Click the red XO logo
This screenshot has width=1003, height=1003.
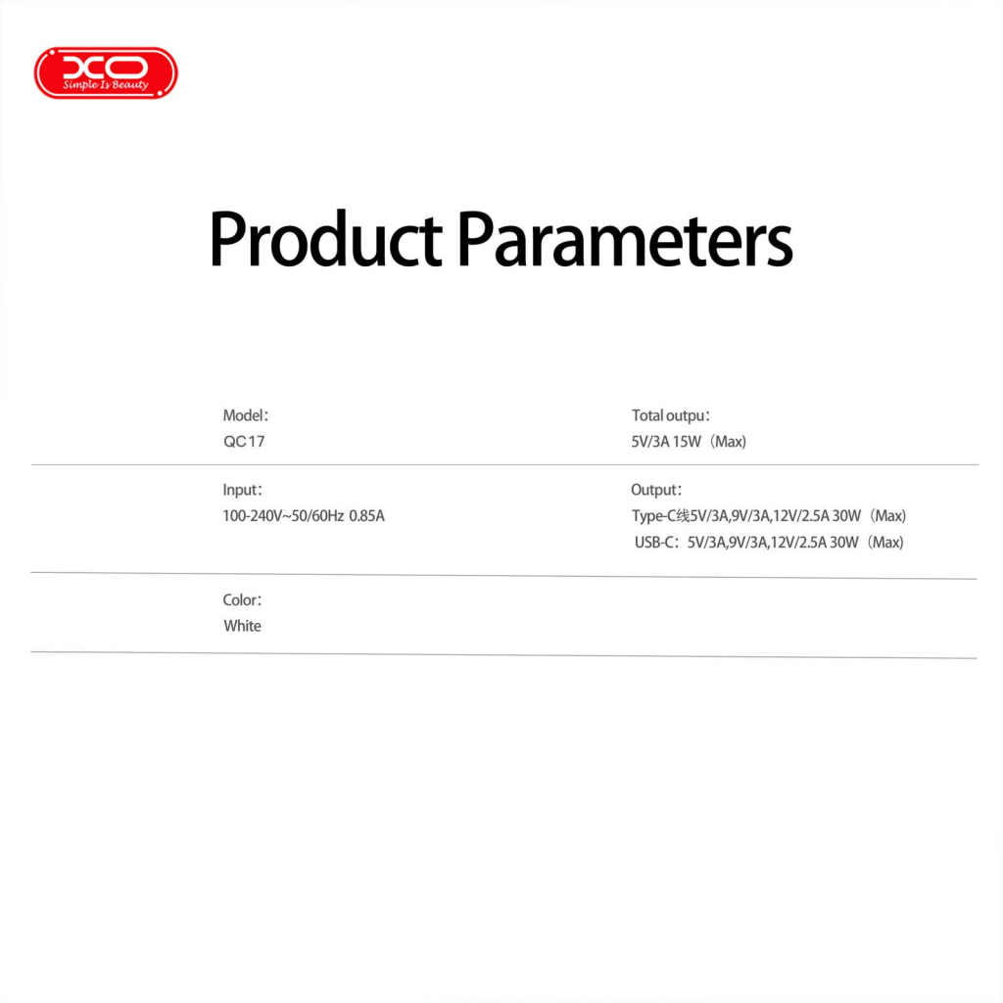click(x=106, y=72)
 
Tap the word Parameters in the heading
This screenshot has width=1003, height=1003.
click(x=624, y=239)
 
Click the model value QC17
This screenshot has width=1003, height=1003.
click(x=244, y=442)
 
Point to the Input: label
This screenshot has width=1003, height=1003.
click(x=243, y=490)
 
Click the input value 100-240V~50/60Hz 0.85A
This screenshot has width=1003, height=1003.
click(x=304, y=515)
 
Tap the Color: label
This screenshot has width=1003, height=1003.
click(x=243, y=600)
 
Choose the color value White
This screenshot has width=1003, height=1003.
click(x=242, y=626)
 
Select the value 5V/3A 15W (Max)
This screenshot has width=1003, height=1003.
click(x=689, y=442)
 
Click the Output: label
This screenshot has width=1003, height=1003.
click(x=656, y=490)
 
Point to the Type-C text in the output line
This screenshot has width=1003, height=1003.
click(x=655, y=516)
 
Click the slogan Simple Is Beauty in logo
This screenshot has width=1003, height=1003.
click(x=106, y=85)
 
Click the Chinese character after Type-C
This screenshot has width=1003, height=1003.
click(x=685, y=516)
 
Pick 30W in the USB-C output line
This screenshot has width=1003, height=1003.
click(x=845, y=543)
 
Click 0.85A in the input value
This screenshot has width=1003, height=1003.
click(x=367, y=515)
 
